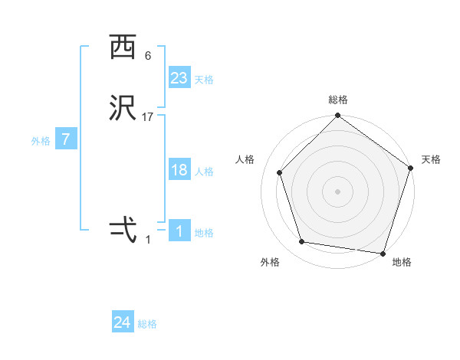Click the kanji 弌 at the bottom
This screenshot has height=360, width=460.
pyautogui.click(x=123, y=229)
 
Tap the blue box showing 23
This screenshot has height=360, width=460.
pyautogui.click(x=179, y=78)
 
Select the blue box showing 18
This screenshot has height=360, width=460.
pyautogui.click(x=179, y=170)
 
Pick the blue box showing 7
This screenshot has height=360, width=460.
pyautogui.click(x=66, y=139)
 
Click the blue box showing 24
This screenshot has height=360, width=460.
pyautogui.click(x=123, y=322)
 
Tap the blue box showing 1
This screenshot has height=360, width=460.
pyautogui.click(x=179, y=231)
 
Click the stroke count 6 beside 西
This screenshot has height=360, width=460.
pyautogui.click(x=147, y=56)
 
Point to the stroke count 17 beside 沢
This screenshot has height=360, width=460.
pyautogui.click(x=148, y=117)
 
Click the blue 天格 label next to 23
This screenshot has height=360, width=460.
pyautogui.click(x=203, y=80)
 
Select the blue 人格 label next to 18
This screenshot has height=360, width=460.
pyautogui.click(x=203, y=172)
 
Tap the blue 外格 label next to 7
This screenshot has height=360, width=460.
pyautogui.click(x=41, y=141)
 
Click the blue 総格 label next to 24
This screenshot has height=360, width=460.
pyautogui.click(x=147, y=324)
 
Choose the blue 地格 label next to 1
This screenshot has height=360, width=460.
pyautogui.click(x=203, y=233)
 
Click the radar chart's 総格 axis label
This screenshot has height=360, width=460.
pyautogui.click(x=338, y=100)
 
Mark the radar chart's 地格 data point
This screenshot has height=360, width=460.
pyautogui.click(x=383, y=253)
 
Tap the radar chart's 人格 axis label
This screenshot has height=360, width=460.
pyautogui.click(x=245, y=159)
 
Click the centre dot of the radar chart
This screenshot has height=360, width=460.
pyautogui.click(x=337, y=191)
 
